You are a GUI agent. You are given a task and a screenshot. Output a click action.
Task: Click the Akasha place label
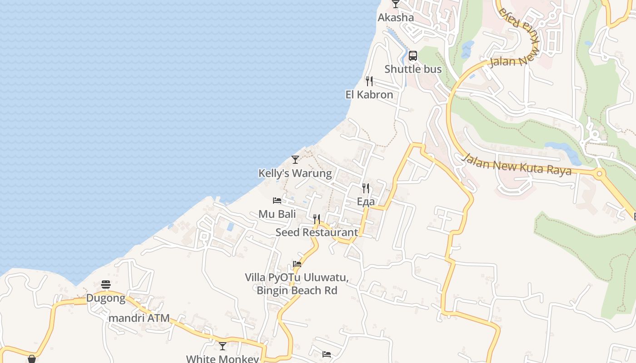pyautogui.click(x=396, y=18)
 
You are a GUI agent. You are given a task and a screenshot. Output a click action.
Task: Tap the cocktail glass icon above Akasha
pyautogui.click(x=396, y=4)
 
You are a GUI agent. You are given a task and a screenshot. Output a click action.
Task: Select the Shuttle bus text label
pyautogui.click(x=413, y=69)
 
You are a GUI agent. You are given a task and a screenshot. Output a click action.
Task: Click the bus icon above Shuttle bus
pyautogui.click(x=412, y=56)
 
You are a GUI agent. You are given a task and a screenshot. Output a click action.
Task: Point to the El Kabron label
pyautogui.click(x=369, y=95)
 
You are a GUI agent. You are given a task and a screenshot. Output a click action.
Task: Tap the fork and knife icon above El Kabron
pyautogui.click(x=369, y=81)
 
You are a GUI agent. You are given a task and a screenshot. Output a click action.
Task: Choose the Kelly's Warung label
pyautogui.click(x=295, y=173)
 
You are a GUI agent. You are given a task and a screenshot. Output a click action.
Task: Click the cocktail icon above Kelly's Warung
pyautogui.click(x=295, y=160)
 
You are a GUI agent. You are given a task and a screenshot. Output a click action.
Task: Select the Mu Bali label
pyautogui.click(x=277, y=214)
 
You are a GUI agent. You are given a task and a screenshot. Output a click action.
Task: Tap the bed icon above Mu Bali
pyautogui.click(x=277, y=201)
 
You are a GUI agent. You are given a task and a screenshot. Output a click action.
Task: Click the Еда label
pyautogui.click(x=366, y=201)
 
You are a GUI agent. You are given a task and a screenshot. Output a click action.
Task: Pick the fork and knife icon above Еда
pyautogui.click(x=366, y=188)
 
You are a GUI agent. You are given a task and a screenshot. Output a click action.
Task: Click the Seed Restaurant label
pyautogui.click(x=317, y=232)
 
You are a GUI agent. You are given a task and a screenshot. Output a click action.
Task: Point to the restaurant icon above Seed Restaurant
pyautogui.click(x=317, y=219)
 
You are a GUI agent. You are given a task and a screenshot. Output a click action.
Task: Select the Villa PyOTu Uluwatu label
pyautogui.click(x=297, y=277)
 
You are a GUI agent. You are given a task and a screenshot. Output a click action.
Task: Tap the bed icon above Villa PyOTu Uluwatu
pyautogui.click(x=297, y=264)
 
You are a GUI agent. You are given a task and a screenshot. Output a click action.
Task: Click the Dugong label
pyautogui.click(x=106, y=298)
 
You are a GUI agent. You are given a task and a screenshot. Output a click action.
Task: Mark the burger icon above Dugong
pyautogui.click(x=106, y=285)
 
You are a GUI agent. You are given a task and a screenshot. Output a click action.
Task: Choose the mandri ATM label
pyautogui.click(x=139, y=318)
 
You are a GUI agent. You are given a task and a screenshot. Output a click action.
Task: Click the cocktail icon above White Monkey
pyautogui.click(x=223, y=346)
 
